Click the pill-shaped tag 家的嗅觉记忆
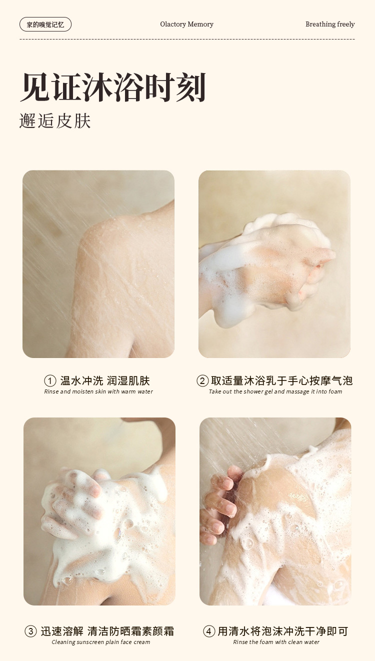click(x=45, y=24)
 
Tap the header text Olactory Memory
click(x=187, y=24)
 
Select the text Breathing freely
click(x=330, y=24)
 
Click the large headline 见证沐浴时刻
click(x=113, y=87)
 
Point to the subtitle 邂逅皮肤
click(x=55, y=120)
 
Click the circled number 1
click(x=50, y=381)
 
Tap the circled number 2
click(x=202, y=381)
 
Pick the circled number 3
click(x=30, y=631)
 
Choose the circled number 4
click(x=209, y=631)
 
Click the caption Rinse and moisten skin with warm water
click(x=98, y=391)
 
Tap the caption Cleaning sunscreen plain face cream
click(x=101, y=642)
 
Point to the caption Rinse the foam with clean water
click(x=276, y=642)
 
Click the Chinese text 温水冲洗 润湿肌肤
click(x=105, y=381)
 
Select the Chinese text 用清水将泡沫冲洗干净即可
click(x=282, y=631)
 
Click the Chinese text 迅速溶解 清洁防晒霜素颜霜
click(x=107, y=631)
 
